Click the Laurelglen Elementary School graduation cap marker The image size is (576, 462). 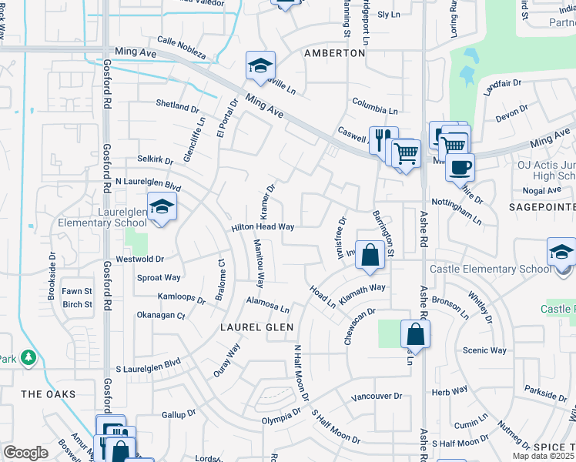coord(162,206)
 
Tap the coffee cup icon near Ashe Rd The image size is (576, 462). coord(460,166)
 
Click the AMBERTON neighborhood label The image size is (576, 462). coord(334,53)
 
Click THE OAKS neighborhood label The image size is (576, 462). coord(49,394)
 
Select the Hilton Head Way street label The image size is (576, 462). coord(263,227)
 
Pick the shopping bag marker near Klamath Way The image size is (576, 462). coord(370,255)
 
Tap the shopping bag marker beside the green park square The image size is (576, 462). coord(415,335)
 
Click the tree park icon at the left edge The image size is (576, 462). coord(28,357)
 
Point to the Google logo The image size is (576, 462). coord(25,453)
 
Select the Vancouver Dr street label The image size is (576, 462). coord(377,396)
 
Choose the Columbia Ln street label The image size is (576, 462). coord(375,106)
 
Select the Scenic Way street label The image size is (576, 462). coord(484,350)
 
